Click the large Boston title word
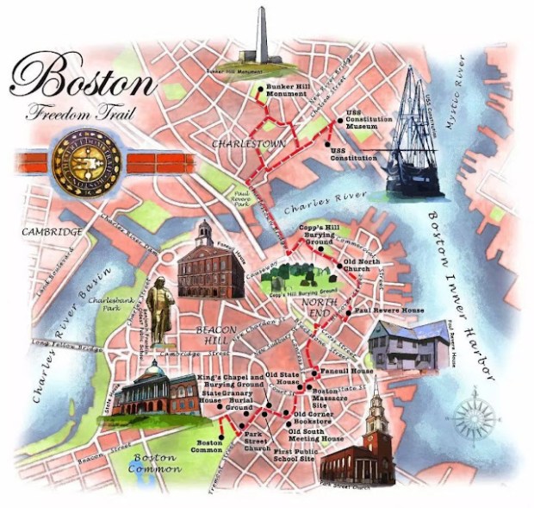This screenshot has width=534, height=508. (84, 79)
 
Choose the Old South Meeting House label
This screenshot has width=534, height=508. (315, 435)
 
